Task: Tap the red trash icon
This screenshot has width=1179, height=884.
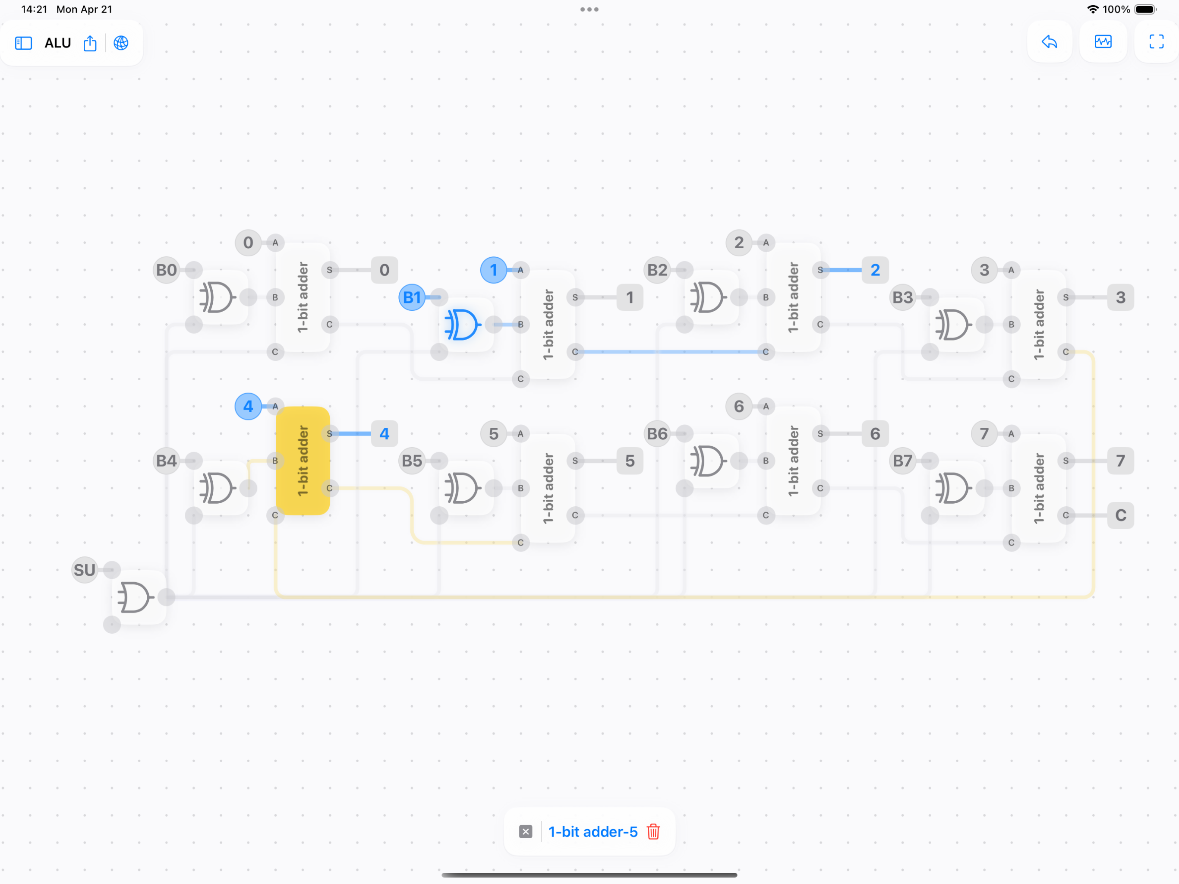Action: point(653,832)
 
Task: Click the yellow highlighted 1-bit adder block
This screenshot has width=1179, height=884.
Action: point(303,461)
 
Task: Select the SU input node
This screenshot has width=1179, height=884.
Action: point(84,570)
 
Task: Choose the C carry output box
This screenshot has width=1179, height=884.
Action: point(1120,515)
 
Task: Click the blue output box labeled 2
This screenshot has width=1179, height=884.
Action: point(875,270)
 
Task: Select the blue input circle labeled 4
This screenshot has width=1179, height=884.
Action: point(248,406)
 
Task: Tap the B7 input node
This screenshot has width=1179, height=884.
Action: point(902,461)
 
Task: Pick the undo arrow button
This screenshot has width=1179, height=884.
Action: point(1049,42)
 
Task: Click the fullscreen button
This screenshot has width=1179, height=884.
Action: point(1156,42)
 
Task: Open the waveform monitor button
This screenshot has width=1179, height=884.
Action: point(1103,42)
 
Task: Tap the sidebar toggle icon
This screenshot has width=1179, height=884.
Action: point(23,43)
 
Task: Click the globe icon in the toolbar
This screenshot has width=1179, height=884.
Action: point(121,43)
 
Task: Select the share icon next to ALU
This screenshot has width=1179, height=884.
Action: point(90,43)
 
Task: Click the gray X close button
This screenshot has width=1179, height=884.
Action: point(526,832)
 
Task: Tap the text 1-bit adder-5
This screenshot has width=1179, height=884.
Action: point(593,832)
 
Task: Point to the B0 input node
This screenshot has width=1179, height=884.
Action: point(166,270)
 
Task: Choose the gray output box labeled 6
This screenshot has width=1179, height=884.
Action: point(875,433)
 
